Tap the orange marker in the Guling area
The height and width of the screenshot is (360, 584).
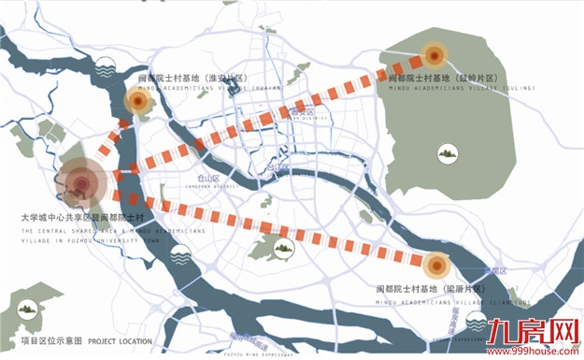433,53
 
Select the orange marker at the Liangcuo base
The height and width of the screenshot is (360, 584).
436,265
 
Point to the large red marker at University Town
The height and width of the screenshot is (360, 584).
82,180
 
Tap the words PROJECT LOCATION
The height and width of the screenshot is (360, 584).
121,341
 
